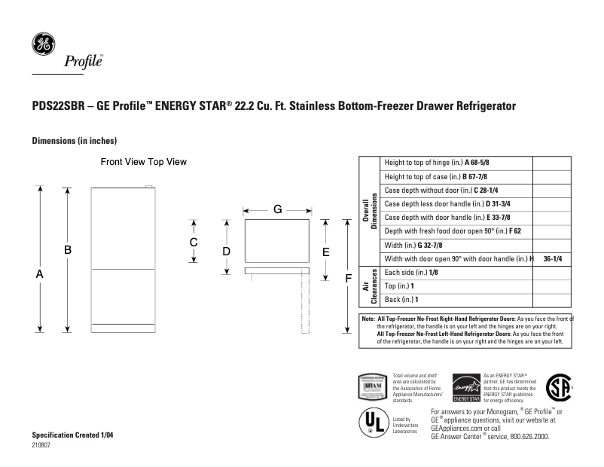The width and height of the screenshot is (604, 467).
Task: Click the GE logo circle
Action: point(43,44)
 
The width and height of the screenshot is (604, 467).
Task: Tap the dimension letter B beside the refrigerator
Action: point(68,249)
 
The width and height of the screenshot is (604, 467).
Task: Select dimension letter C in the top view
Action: point(194,242)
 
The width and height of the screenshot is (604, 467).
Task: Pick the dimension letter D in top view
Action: point(226,250)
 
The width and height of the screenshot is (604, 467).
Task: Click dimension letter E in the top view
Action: point(325,252)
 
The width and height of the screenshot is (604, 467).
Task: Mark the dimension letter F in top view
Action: point(348,279)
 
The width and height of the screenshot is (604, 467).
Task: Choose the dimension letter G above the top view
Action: point(277,209)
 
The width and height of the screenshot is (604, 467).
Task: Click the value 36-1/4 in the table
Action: point(553,258)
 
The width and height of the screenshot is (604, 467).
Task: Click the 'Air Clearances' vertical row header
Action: point(368,286)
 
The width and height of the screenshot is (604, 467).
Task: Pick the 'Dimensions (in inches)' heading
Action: point(74,141)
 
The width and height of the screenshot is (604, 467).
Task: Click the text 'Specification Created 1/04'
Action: point(73,436)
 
